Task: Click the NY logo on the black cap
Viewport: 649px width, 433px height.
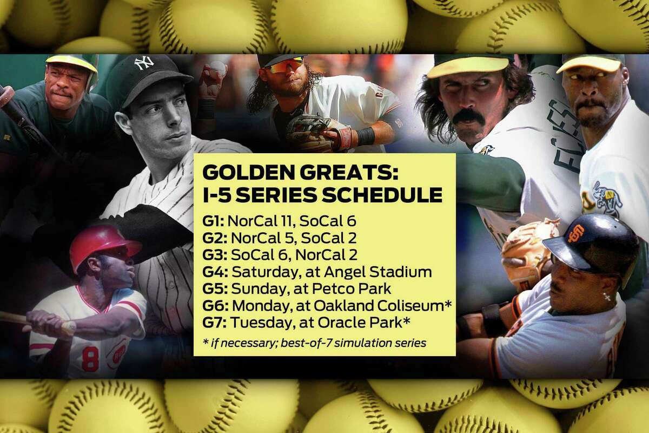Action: [x=144, y=62]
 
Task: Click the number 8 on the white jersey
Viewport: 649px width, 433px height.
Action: [x=90, y=359]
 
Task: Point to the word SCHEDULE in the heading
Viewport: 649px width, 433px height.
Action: [x=382, y=195]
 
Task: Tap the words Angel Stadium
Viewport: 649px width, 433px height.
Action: [x=378, y=272]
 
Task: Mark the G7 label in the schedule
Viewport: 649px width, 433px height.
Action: [x=214, y=323]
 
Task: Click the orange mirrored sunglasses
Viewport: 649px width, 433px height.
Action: [x=286, y=66]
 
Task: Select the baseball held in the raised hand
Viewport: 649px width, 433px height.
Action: [x=218, y=68]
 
